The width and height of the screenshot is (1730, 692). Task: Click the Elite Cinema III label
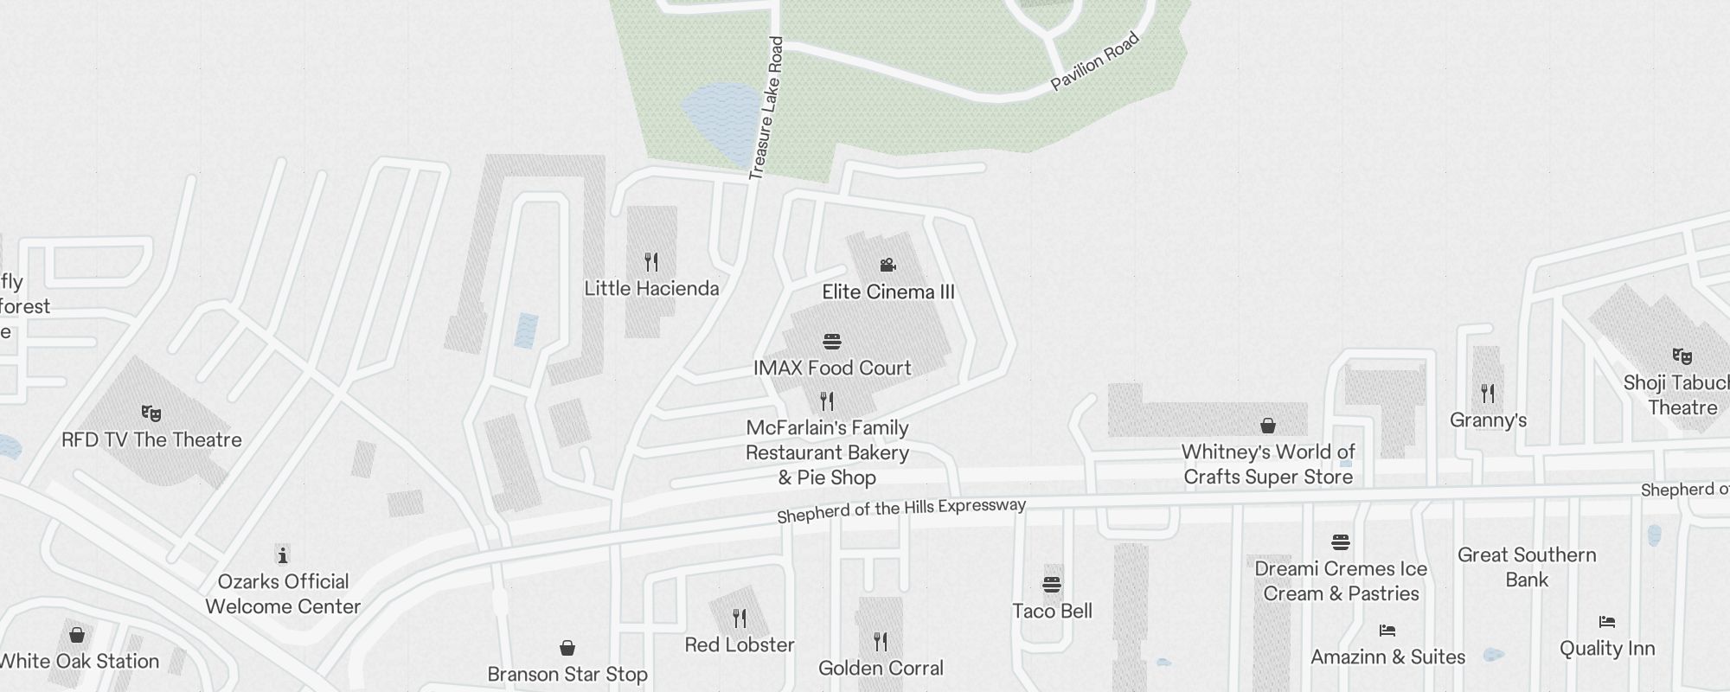pos(888,292)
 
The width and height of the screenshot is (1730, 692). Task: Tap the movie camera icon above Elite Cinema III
pos(887,265)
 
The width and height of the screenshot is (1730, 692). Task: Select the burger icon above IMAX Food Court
pos(832,342)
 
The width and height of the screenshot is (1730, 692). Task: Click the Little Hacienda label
pos(651,289)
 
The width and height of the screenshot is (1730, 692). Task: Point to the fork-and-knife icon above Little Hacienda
pos(651,261)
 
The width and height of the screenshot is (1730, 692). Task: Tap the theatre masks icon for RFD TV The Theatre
pos(151,413)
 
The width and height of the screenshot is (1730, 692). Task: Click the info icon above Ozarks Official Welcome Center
pos(282,554)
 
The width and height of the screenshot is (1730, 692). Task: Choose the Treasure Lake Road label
pos(766,108)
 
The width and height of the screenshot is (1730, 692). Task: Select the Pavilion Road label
pos(1095,61)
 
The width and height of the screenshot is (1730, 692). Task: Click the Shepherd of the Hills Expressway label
pos(901,510)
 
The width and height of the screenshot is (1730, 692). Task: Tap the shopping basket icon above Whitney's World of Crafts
pos(1268,425)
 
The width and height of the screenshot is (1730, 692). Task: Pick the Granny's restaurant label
pos(1488,420)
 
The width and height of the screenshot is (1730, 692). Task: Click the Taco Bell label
pos(1052,612)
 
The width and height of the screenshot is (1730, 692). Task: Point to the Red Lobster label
pos(740,645)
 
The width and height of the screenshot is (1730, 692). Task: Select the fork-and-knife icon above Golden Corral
pos(881,641)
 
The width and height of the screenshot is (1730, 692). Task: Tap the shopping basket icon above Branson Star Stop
pos(567,648)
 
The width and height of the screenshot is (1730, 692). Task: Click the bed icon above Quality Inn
pos(1607,622)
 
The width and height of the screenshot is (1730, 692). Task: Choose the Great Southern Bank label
pos(1527,567)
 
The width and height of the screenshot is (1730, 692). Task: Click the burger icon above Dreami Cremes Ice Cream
pos(1341,542)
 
